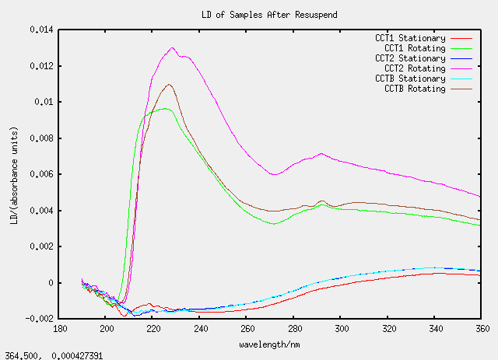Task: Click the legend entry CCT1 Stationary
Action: pyautogui.click(x=410, y=38)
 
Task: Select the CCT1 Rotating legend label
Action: pyautogui.click(x=412, y=48)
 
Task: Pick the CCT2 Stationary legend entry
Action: pyautogui.click(x=410, y=58)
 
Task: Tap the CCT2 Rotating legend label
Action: pyautogui.click(x=412, y=68)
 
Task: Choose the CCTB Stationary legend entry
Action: pyautogui.click(x=410, y=79)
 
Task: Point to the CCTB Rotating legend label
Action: pyautogui.click(x=412, y=89)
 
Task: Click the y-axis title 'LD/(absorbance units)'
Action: pyautogui.click(x=13, y=174)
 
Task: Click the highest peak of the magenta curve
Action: pyautogui.click(x=172, y=47)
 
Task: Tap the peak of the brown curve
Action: pyautogui.click(x=169, y=84)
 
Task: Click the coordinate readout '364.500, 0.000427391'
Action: pyautogui.click(x=53, y=355)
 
